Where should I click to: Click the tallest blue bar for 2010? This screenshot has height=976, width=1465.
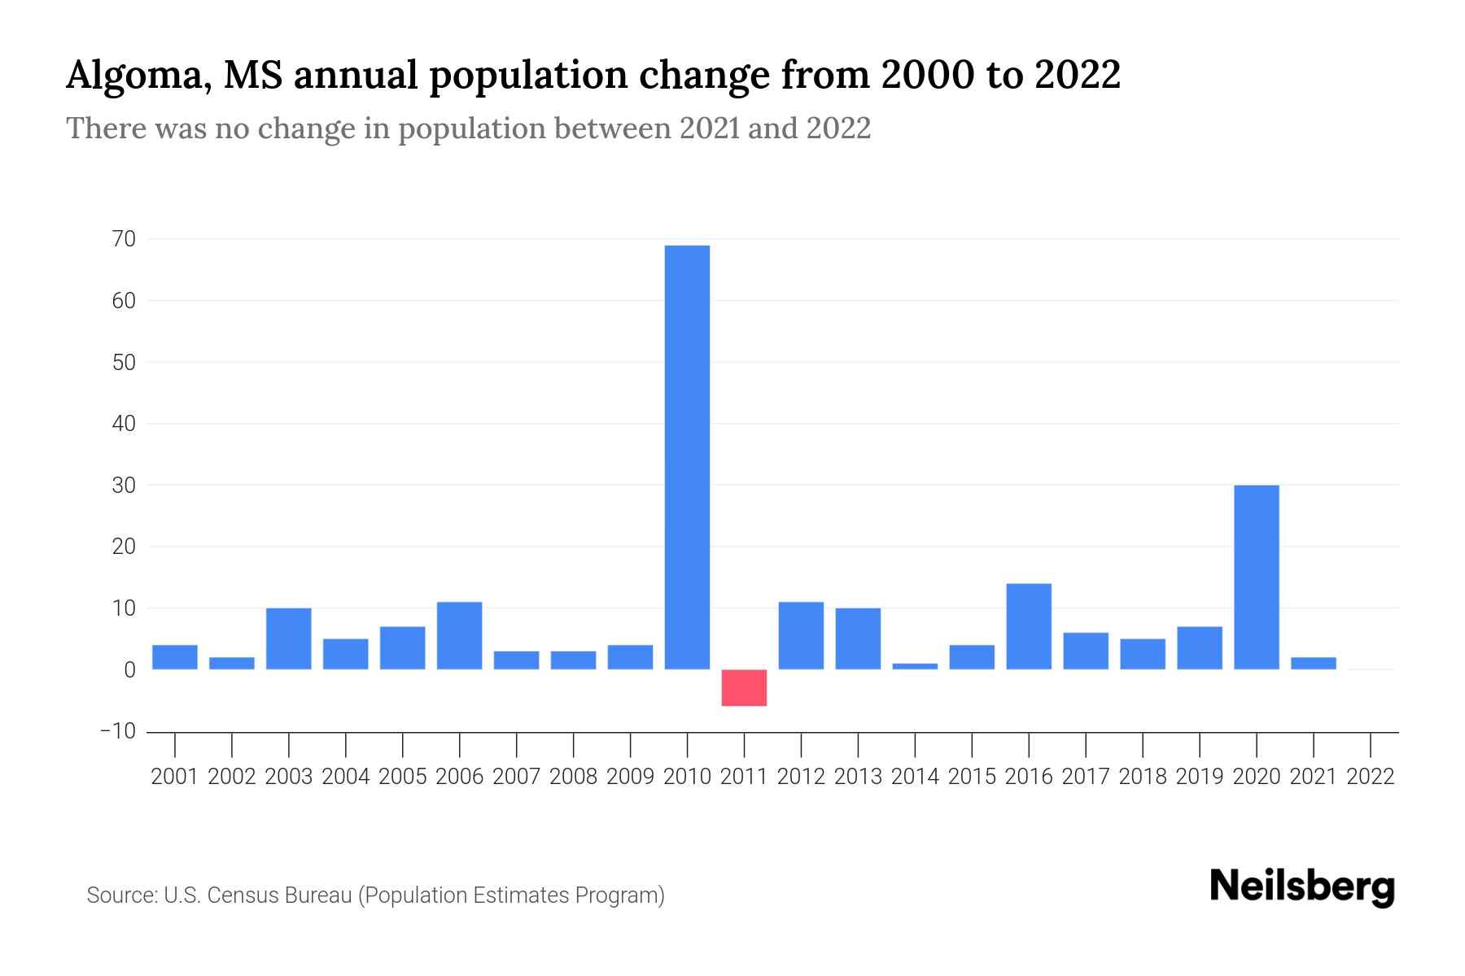coord(687,457)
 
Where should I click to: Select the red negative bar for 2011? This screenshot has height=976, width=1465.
coord(744,687)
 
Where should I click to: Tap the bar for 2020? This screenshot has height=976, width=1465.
coord(1256,577)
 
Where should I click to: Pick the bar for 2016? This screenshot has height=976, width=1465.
coord(1029,626)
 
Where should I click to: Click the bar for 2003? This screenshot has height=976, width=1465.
coord(289,638)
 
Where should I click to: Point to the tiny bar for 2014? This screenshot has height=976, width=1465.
coord(915,666)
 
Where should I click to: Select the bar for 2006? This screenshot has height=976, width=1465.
coord(459,635)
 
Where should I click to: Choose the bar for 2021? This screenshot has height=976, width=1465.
coord(1313,663)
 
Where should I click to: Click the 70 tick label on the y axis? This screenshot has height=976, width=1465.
coord(125,239)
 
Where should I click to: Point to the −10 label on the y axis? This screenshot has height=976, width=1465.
coord(119,731)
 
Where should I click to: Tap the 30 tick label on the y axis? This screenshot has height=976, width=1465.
coord(125,485)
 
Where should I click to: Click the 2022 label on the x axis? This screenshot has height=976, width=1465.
coord(1371,777)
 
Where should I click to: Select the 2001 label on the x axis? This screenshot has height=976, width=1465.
coord(175,777)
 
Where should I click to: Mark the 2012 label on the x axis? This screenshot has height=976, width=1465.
coord(801,777)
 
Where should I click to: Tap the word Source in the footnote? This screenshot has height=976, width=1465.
coord(121,895)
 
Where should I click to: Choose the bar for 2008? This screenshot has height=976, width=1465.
coord(573,660)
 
